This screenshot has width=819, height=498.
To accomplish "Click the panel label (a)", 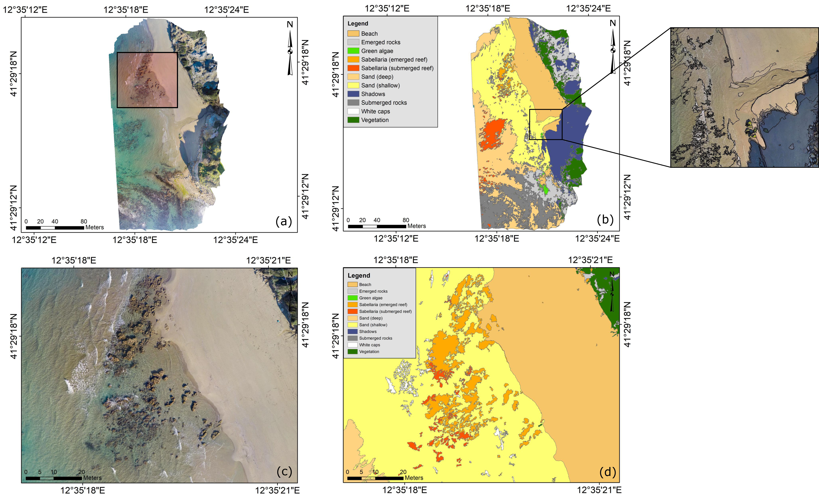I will [x=284, y=221].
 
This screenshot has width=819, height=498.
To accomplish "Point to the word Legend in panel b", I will [x=358, y=24].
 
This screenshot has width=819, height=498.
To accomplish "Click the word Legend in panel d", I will [x=359, y=276].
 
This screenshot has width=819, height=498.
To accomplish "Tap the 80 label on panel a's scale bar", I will [x=84, y=221].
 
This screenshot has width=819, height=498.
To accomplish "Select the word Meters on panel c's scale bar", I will [x=92, y=478].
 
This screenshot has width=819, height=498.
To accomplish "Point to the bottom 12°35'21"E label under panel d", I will [x=599, y=490].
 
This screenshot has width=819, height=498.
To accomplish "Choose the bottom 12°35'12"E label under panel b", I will [x=396, y=239].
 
